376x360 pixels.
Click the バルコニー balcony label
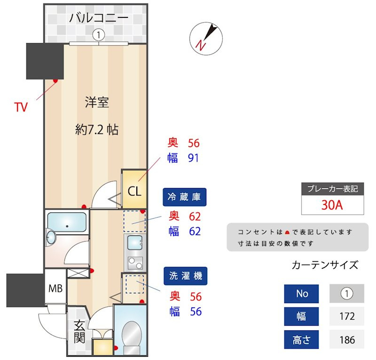pos(99,18)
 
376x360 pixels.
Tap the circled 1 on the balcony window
pos(99,34)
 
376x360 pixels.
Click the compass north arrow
pos(205,38)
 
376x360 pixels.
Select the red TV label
pos(21,107)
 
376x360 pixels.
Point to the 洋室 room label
pos(97,102)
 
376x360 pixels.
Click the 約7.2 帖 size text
pos(97,130)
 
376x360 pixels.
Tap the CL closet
pos(134,191)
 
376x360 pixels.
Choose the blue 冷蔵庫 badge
pos(185,197)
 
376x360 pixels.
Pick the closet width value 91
pos(193,158)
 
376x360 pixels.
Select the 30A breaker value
pos(332,205)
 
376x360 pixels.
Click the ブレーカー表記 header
pos(332,189)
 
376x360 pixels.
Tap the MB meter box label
pos(55,288)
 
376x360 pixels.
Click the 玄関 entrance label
pos(79,331)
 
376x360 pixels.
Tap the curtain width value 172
pos(347,316)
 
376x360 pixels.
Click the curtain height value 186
pos(347,339)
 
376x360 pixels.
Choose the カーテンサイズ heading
pos(325,265)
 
